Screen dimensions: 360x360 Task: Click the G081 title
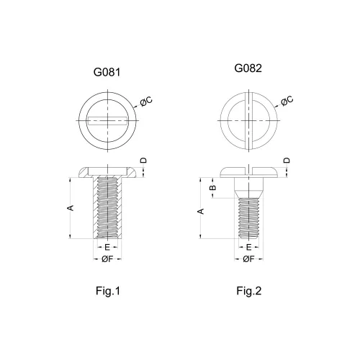pyautogui.click(x=107, y=72)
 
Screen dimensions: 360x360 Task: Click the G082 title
pyautogui.click(x=248, y=68)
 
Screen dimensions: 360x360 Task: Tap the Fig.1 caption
pyautogui.click(x=108, y=291)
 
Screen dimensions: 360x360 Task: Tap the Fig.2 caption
pyautogui.click(x=249, y=291)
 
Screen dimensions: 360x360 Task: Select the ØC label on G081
pyautogui.click(x=146, y=102)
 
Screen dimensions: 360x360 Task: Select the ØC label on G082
pyautogui.click(x=287, y=101)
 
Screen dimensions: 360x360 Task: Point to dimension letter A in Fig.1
pyautogui.click(x=71, y=208)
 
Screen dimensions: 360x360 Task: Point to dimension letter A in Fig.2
pyautogui.click(x=201, y=211)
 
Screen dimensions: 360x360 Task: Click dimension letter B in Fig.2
pyautogui.click(x=213, y=187)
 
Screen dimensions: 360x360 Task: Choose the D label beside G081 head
pyautogui.click(x=143, y=161)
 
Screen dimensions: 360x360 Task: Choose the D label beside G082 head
pyautogui.click(x=287, y=161)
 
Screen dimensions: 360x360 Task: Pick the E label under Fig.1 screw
pyautogui.click(x=107, y=247)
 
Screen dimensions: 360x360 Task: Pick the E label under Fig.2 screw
pyautogui.click(x=249, y=247)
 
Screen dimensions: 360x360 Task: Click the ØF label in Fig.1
pyautogui.click(x=107, y=259)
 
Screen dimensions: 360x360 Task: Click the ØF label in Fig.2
pyautogui.click(x=248, y=259)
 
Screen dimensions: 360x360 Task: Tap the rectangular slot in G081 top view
pyautogui.click(x=107, y=120)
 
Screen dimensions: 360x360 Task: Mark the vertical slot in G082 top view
pyautogui.click(x=249, y=120)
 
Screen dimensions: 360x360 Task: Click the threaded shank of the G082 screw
pyautogui.click(x=249, y=218)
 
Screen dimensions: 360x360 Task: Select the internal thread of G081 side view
pyautogui.click(x=107, y=207)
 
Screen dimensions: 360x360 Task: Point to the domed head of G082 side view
pyautogui.click(x=249, y=173)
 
